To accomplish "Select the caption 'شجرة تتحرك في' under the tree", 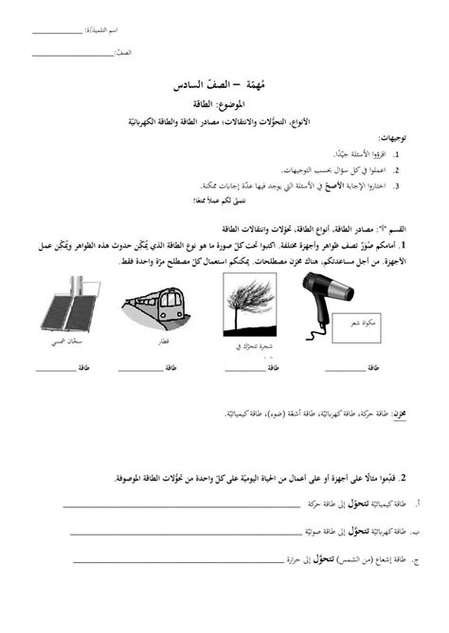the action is (x=254, y=347).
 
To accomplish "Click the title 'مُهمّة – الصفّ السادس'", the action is (x=224, y=85).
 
